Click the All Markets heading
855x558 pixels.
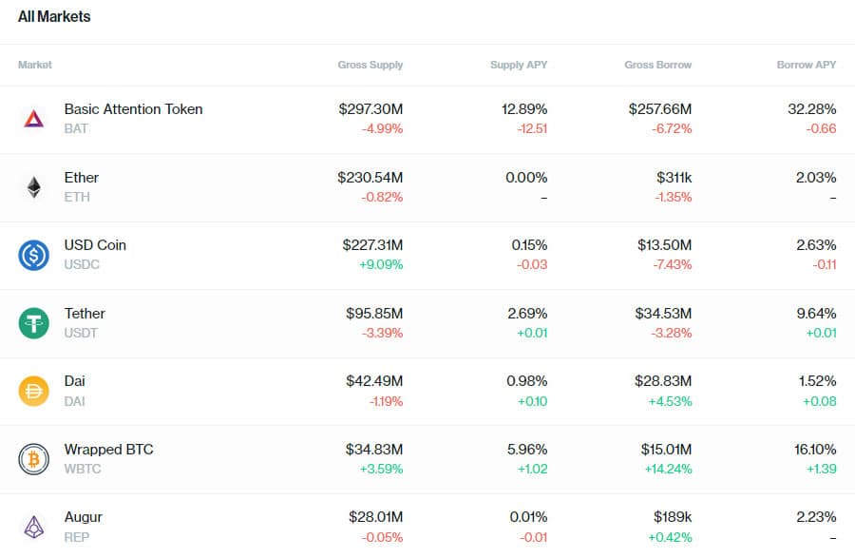(54, 17)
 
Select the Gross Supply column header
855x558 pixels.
(370, 65)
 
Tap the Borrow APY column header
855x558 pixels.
(807, 65)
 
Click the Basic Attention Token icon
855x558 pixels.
(33, 119)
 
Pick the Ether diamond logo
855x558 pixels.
(33, 187)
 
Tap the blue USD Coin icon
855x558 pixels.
(33, 255)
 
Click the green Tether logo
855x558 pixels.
(33, 323)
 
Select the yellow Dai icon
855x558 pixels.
(33, 391)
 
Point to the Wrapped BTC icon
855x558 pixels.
(33, 459)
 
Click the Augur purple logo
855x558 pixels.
(33, 527)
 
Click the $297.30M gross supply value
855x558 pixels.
(370, 109)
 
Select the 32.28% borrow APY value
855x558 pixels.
(812, 109)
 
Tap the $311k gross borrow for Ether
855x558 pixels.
(674, 178)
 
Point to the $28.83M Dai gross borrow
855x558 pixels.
(663, 381)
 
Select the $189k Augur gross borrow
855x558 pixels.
(673, 517)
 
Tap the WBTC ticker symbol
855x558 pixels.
(83, 469)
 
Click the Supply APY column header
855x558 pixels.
(519, 65)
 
